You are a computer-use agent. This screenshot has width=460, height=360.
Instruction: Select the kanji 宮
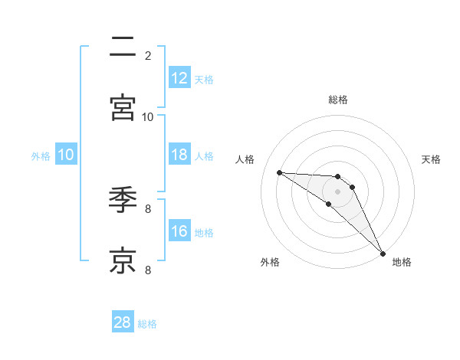pos(123,108)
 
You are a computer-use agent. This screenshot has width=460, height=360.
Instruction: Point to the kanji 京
pos(123,260)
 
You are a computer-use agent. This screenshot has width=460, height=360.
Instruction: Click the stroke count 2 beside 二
pos(147,55)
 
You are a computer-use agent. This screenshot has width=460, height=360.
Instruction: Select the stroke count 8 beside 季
pos(147,208)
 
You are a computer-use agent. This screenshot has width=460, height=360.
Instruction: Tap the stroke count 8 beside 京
pos(147,270)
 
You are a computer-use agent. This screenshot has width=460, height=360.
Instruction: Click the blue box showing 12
pos(179,78)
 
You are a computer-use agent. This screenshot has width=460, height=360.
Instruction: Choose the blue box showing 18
pos(179,155)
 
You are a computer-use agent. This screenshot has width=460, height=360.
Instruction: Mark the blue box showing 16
pos(179,231)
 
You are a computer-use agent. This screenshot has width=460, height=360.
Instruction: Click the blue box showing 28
pos(123,322)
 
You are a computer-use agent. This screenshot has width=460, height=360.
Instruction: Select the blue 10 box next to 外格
pos(66,155)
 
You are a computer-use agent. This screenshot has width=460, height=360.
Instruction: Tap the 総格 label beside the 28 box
pos(147,324)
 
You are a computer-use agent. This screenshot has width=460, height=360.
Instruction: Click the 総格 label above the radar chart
pos(337,100)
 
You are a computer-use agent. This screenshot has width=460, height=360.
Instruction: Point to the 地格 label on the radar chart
pos(402,263)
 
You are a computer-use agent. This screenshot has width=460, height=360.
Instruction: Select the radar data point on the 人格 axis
pos(279,172)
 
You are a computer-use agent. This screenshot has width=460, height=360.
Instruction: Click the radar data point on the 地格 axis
pos(383,253)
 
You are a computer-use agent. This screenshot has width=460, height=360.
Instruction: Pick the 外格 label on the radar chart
pos(270,263)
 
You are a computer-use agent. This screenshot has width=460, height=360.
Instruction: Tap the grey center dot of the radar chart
pos(337,191)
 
